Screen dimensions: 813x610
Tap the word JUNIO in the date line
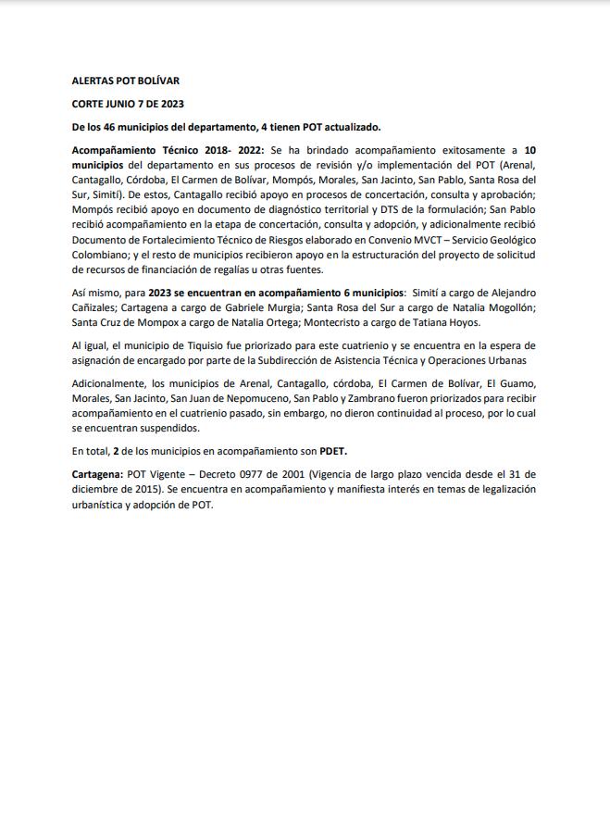(x=122, y=105)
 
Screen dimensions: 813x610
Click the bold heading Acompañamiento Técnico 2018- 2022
(x=168, y=150)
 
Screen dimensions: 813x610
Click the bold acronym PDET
(x=333, y=451)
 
